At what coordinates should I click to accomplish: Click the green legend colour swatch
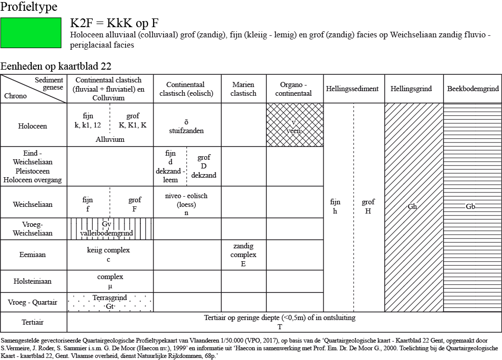tap(31, 33)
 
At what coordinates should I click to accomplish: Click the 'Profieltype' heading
tap(29, 6)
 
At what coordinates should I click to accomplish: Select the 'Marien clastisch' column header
tap(243, 89)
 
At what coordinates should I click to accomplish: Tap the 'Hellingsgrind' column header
tap(411, 89)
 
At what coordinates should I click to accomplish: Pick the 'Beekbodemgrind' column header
tap(473, 89)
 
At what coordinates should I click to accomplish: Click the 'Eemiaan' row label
tap(32, 255)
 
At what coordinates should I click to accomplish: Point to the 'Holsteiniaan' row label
tap(32, 281)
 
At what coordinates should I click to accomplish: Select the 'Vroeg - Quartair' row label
tap(32, 303)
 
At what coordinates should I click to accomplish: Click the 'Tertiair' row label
tap(32, 322)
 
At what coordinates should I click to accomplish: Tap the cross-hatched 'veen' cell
tap(295, 125)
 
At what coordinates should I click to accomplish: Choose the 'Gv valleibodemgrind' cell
tap(110, 229)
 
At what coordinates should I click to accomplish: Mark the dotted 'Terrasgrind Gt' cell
tap(110, 302)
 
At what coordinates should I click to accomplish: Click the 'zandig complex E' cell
tap(244, 255)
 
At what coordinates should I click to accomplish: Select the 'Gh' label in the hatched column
tap(412, 206)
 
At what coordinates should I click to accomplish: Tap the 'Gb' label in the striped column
tap(470, 206)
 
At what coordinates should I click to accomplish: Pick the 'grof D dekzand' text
tap(204, 166)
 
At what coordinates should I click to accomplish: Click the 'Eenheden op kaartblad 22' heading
tap(56, 66)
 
